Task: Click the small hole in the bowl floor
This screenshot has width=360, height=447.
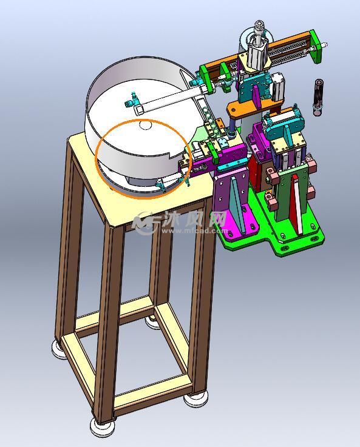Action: pos(146,125)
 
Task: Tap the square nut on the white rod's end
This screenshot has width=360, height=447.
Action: pos(138,109)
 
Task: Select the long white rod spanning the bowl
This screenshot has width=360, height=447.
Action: pos(171,98)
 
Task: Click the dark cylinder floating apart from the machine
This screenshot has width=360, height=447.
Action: pos(318,98)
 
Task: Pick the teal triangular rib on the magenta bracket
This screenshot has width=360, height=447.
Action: pos(237,204)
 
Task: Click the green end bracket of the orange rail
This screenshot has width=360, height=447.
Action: pos(316,47)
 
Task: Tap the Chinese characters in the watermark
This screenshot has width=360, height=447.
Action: pos(195,220)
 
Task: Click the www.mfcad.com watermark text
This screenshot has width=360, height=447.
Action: pos(195,230)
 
